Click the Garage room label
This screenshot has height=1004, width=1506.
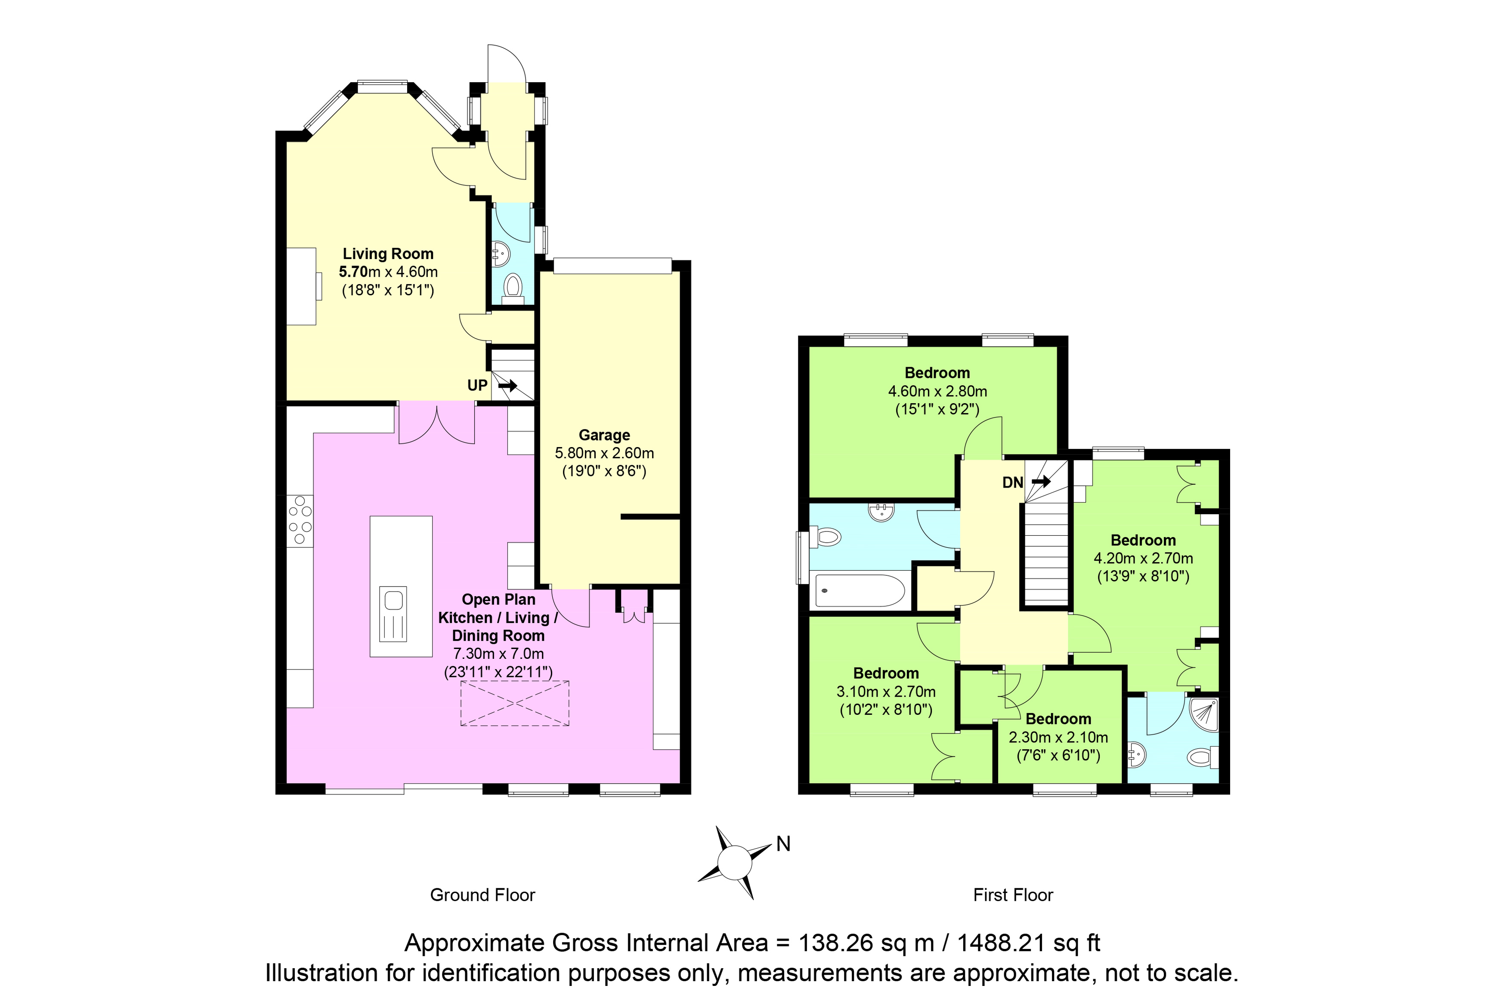coord(604,436)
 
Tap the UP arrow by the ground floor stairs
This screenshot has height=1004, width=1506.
coord(508,386)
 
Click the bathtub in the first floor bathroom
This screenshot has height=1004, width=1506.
coord(859,590)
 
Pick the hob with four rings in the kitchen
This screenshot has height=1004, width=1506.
coord(300,521)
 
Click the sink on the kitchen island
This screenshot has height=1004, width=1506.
coord(393,614)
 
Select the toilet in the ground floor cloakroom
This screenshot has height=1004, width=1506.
coord(512,289)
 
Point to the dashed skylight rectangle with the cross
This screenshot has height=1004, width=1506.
coord(515,704)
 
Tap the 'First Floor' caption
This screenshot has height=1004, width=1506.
coord(1013,895)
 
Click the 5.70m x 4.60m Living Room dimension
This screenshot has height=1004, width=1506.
coord(388,272)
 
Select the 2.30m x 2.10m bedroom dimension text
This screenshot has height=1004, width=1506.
coord(1058,738)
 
